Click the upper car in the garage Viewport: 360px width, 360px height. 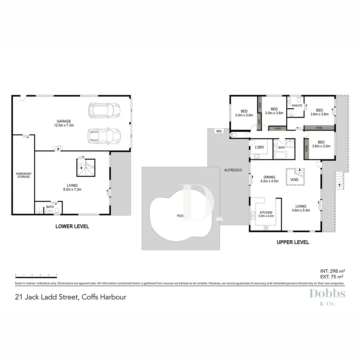tap(104, 110)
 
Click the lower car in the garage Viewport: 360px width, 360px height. tap(104, 136)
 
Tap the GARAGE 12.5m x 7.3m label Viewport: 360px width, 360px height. tap(63, 123)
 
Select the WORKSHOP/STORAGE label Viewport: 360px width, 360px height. tap(23, 175)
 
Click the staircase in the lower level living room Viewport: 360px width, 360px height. tap(86, 167)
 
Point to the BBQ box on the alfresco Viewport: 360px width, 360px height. tap(219, 131)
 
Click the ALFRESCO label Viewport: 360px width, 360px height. tap(233, 170)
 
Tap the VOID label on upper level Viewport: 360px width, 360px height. tap(294, 180)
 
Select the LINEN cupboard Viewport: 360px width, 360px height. tap(277, 128)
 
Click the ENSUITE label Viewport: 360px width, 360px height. tap(297, 106)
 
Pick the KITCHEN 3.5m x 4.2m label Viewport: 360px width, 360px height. tap(265, 214)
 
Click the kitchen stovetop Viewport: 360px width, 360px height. tap(266, 228)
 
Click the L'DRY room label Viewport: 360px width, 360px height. tap(260, 147)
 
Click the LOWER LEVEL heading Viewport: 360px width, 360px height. tap(72, 226)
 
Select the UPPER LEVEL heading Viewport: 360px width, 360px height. tap(293, 242)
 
